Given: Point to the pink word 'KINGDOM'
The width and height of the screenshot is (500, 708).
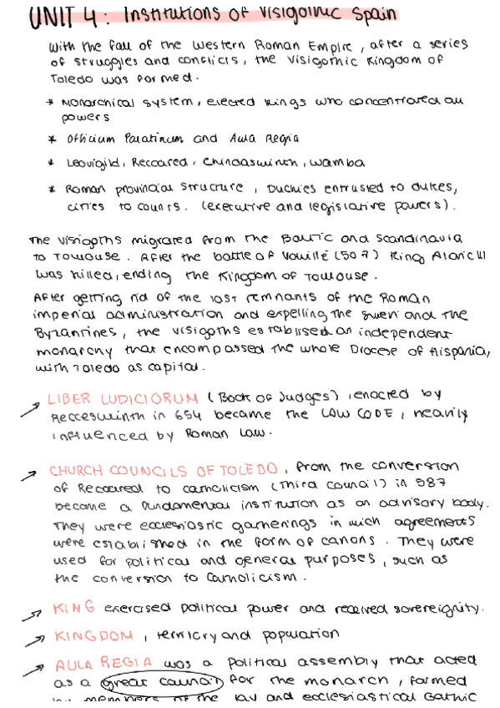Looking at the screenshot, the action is pyautogui.click(x=94, y=636).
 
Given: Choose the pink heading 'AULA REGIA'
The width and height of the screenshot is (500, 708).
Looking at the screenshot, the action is pyautogui.click(x=102, y=664).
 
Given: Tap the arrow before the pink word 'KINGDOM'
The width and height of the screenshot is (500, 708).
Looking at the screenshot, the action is pyautogui.click(x=33, y=639).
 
